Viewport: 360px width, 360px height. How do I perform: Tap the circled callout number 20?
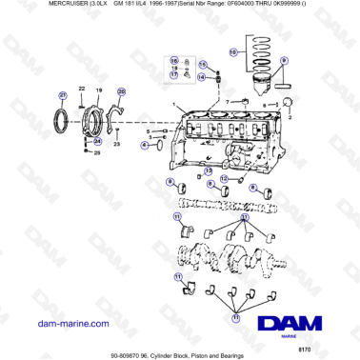121,91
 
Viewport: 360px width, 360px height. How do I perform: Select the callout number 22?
83,90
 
